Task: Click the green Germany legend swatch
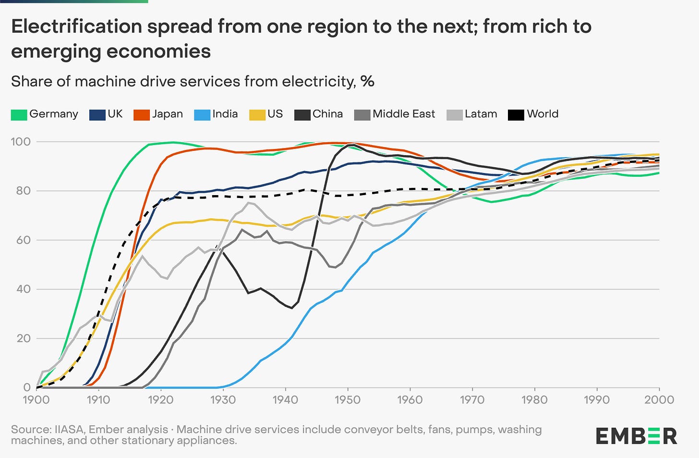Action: coord(19,114)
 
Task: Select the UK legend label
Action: coord(115,114)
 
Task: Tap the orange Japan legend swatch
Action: coord(142,114)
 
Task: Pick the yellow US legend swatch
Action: coord(257,114)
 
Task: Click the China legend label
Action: coord(327,114)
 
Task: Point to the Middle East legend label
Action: coord(403,114)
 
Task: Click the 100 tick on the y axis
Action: coord(20,142)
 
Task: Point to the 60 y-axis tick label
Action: coord(23,240)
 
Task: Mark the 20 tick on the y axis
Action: coord(23,338)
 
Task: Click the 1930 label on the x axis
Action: coord(223,400)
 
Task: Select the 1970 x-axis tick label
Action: coord(472,400)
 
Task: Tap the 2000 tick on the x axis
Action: coord(659,400)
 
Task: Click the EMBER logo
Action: coord(636,436)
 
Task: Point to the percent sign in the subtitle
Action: coord(367,81)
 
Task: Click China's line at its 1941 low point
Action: coord(292,308)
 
